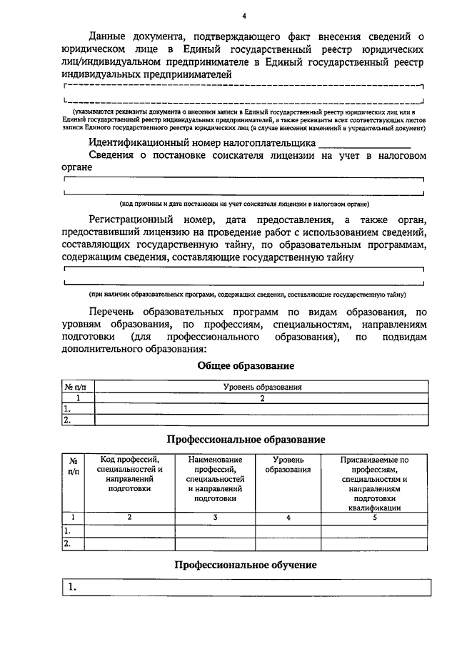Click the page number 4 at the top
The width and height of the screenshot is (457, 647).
point(243,16)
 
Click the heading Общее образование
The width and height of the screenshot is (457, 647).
point(246,366)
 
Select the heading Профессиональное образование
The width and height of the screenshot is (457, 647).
point(246,439)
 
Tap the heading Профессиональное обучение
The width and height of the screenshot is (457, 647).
point(246,564)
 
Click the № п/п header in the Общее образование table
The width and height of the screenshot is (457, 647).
point(77,387)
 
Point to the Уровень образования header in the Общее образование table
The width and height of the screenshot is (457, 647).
point(261,387)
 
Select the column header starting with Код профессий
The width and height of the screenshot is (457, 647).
point(129,475)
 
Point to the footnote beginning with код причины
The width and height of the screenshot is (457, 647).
point(243,204)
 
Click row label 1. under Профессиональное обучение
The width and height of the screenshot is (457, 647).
point(72,588)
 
